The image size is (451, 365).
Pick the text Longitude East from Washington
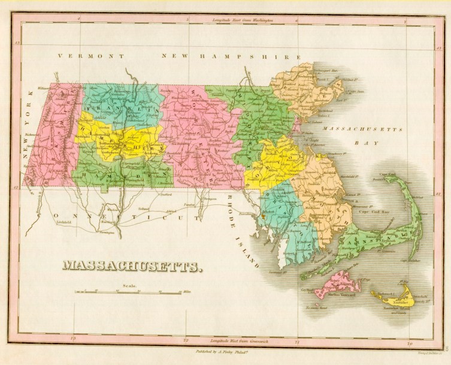pos(243,20)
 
